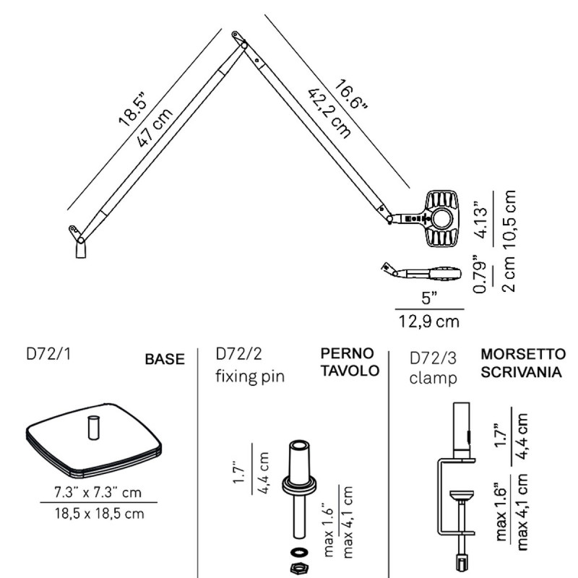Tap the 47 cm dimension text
pyautogui.click(x=155, y=129)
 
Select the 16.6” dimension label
pyautogui.click(x=351, y=95)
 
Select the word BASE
pyautogui.click(x=165, y=359)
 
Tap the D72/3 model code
pyautogui.click(x=433, y=358)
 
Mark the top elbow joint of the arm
pyautogui.click(x=238, y=39)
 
